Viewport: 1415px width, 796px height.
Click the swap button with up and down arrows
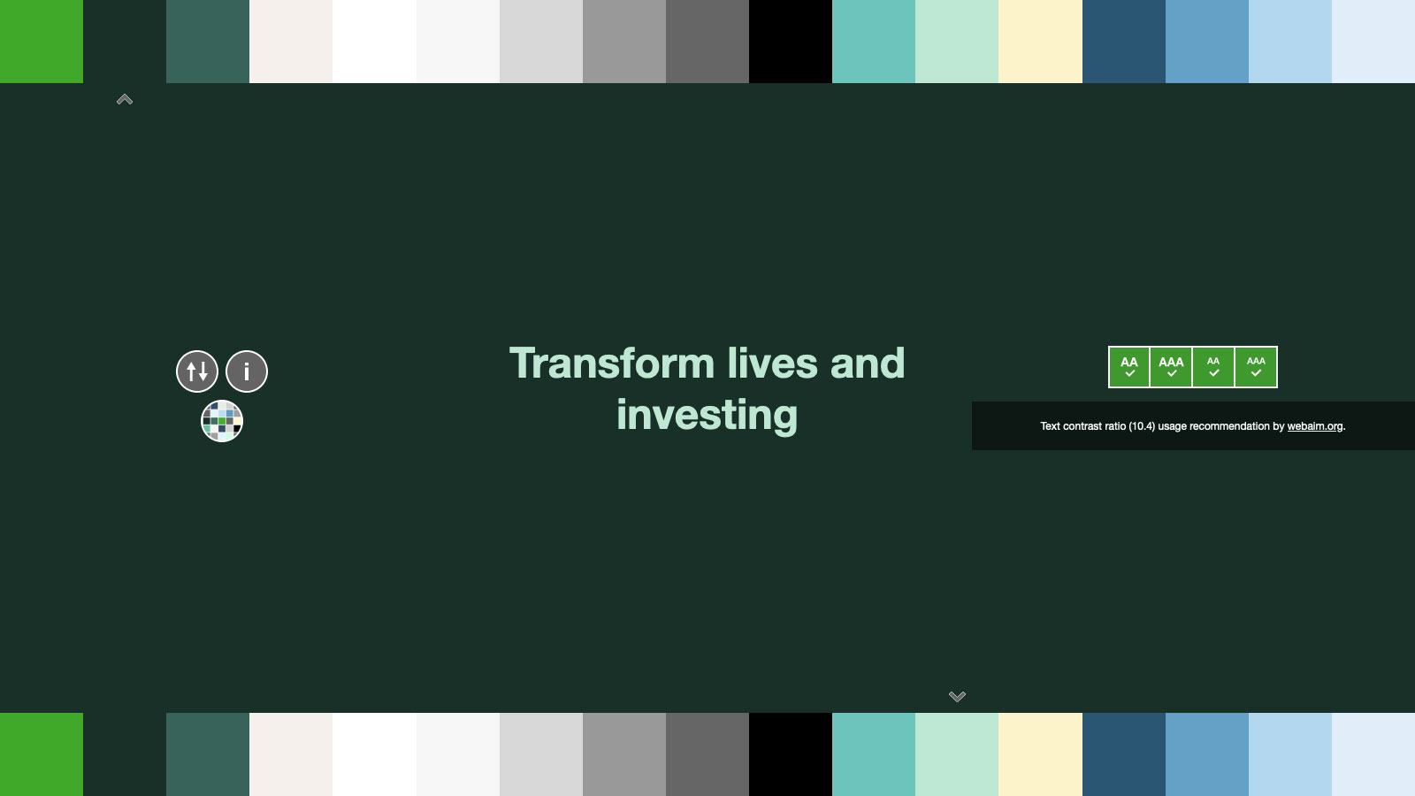click(197, 371)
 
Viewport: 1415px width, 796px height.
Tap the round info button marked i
click(247, 371)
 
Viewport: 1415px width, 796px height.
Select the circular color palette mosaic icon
click(222, 421)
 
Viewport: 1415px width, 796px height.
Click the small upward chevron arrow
click(125, 100)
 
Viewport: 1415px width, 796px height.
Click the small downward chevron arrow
click(957, 696)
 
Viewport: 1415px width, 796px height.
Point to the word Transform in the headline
click(612, 364)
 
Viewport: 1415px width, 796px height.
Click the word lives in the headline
click(772, 364)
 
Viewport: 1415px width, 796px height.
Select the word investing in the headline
click(707, 416)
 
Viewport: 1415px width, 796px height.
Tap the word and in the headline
click(868, 364)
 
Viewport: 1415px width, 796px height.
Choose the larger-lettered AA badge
click(1128, 367)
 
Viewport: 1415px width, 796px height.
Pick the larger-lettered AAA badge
click(1171, 367)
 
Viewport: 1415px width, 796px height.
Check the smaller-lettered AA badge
click(1213, 367)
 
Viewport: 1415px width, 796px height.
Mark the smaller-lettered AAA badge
click(1256, 367)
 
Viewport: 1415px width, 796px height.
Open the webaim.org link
click(1314, 426)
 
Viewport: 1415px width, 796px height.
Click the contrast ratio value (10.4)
click(1142, 426)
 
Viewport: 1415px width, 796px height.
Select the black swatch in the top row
click(791, 42)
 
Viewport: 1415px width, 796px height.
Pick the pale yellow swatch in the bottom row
click(1040, 754)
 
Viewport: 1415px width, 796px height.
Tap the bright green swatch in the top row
click(42, 42)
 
